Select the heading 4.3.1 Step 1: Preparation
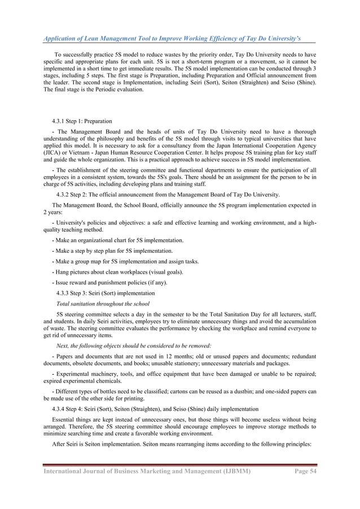coord(81,121)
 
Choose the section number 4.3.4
coord(60,408)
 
